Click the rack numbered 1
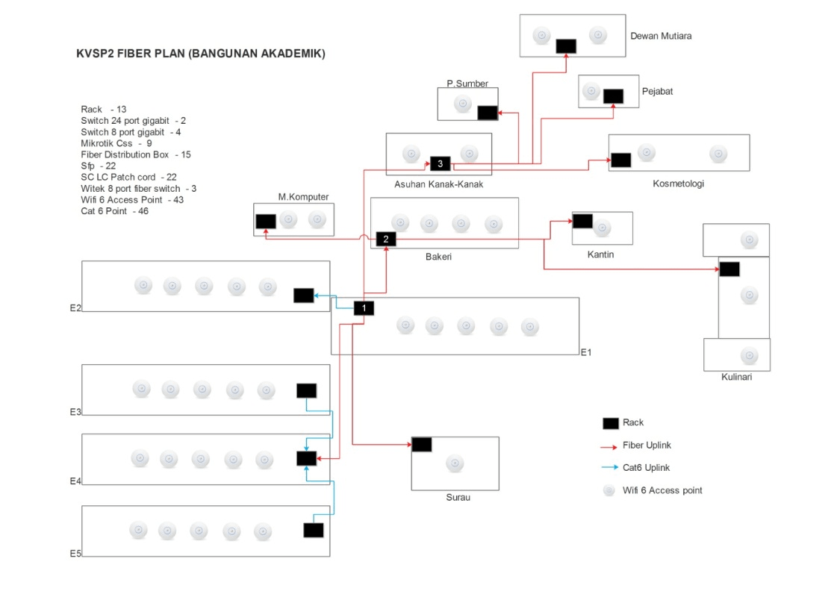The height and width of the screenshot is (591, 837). (364, 307)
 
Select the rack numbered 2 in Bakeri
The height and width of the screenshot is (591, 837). (386, 240)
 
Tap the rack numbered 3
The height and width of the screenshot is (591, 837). (441, 163)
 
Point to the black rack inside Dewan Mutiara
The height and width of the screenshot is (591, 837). (566, 46)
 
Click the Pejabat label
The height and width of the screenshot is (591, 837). (657, 92)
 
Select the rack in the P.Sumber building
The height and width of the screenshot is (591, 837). (487, 113)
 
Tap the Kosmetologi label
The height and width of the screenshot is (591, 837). (678, 184)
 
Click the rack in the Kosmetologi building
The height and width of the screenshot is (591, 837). (620, 160)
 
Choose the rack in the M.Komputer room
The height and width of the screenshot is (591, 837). (266, 222)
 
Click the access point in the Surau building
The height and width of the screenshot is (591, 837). (455, 463)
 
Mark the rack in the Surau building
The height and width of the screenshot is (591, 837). (422, 445)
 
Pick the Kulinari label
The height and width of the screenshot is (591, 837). (736, 377)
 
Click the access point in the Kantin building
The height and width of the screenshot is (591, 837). (603, 228)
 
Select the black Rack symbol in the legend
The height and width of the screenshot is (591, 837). (611, 423)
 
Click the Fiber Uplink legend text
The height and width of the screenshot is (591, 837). (647, 445)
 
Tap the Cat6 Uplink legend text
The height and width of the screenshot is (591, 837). (647, 468)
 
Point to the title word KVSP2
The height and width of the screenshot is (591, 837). (93, 54)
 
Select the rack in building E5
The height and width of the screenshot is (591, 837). (314, 531)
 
